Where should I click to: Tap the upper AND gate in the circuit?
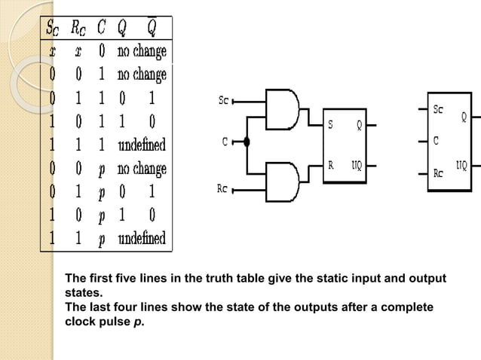coord(283,108)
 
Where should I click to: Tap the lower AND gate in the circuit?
coord(283,181)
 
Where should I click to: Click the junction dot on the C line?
coord(247,141)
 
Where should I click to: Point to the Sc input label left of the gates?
coord(224,99)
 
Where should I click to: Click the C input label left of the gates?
coord(225,141)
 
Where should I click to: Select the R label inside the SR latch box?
coord(330,163)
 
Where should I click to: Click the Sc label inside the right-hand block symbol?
coord(438,109)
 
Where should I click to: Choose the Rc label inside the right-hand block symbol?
coord(438,172)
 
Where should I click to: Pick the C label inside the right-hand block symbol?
coord(436,140)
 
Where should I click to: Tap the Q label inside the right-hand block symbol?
coord(464,117)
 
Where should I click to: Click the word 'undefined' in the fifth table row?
coord(141,144)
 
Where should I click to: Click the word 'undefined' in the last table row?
coord(141,239)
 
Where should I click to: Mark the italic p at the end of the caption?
coord(139,322)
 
